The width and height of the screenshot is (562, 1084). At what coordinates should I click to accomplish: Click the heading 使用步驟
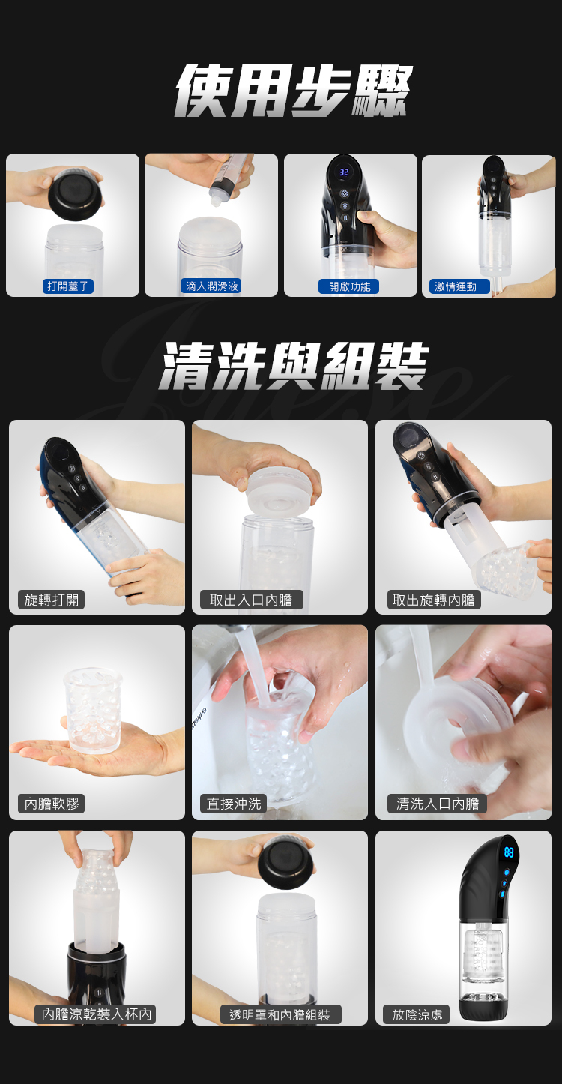293,91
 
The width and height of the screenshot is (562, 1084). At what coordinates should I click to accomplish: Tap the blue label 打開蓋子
68,286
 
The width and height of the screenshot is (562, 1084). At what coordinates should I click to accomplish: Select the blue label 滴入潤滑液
212,286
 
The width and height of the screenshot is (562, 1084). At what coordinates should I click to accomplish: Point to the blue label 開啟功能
349,286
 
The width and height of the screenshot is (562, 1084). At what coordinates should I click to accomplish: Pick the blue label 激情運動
456,286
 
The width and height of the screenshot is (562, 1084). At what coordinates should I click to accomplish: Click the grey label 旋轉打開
51,600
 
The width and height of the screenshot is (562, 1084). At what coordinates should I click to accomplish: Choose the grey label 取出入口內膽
252,600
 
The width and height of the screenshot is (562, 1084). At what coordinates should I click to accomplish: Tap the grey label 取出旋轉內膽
434,600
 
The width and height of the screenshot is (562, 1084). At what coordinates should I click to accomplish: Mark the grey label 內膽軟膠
51,804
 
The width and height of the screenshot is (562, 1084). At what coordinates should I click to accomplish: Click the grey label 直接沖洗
234,804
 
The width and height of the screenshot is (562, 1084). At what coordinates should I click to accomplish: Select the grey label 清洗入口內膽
437,804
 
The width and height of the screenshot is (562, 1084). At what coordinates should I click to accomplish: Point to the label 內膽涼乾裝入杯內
96,1014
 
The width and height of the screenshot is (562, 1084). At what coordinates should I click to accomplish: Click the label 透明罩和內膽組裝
280,1014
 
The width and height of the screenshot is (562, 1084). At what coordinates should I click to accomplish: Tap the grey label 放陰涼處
417,1014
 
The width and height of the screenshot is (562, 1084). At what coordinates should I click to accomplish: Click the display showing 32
344,172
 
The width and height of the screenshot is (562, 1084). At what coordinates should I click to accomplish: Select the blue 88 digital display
509,852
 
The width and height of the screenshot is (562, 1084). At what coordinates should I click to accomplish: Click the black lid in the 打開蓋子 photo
76,194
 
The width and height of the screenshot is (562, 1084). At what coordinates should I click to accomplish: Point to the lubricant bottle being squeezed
227,178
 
